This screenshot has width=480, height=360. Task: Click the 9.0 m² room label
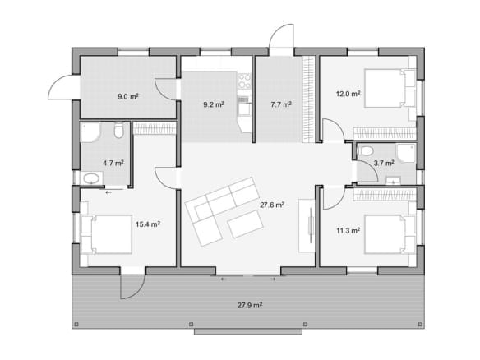pos(128,97)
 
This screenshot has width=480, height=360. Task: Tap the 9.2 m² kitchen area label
pos(214,104)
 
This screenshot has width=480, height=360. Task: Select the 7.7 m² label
pos(281,104)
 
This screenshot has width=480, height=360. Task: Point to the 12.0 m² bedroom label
pos(348,94)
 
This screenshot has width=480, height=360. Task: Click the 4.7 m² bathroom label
pos(113,164)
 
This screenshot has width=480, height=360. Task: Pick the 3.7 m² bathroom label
pos(384,164)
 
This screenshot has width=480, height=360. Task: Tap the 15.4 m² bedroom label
pos(148,224)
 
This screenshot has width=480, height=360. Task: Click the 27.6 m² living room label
pos(272,205)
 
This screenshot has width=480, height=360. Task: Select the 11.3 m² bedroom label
pos(348,230)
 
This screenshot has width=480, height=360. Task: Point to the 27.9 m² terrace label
pos(250,305)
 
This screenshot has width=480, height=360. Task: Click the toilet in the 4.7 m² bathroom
pos(118,130)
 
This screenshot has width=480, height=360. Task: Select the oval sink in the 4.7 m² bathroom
pos(92,178)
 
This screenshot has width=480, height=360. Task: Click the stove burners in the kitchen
pos(245,81)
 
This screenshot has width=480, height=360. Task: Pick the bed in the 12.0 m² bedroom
pos(390,89)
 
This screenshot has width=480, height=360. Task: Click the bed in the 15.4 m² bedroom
pos(106,234)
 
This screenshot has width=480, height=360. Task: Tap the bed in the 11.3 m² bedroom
pos(390,234)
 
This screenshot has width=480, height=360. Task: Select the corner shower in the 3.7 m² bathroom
pos(407,154)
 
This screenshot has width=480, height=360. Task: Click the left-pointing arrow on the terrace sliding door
pos(224,279)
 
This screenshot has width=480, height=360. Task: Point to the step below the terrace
pos(248,332)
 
